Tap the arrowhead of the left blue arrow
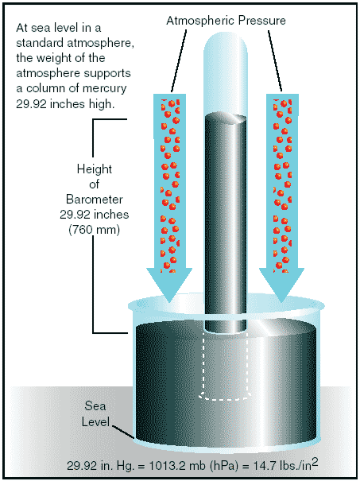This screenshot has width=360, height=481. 169,285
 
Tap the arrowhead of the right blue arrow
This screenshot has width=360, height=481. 281,285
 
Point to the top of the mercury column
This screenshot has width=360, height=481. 226,119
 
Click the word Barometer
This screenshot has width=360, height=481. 95,200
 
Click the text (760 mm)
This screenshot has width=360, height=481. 94,230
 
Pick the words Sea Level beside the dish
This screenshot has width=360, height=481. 95,414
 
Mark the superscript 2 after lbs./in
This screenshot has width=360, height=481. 315,462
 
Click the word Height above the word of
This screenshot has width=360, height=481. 94,169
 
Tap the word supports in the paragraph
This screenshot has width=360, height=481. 110,74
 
